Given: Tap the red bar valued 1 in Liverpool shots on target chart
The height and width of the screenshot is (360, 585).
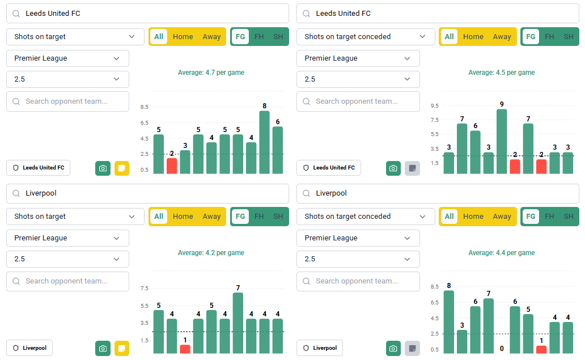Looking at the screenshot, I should [185, 349].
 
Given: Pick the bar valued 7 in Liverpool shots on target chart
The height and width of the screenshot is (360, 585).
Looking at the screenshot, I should [238, 323].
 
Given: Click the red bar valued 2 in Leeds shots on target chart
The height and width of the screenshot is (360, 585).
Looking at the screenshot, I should [172, 166].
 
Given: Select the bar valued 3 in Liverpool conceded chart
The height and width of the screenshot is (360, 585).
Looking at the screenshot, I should [462, 341].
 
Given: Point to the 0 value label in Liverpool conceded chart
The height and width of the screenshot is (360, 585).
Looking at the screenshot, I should [502, 349].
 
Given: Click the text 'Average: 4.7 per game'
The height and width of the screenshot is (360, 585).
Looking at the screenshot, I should [211, 73].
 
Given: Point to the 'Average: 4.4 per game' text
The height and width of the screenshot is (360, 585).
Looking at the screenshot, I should [501, 253].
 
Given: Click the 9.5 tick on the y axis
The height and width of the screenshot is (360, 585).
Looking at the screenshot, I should [435, 106].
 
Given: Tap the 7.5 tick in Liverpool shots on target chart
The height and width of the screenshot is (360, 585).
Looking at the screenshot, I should [144, 289].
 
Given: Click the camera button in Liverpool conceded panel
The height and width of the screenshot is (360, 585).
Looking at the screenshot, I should [393, 348].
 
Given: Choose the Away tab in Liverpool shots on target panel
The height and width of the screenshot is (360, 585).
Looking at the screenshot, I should [211, 216].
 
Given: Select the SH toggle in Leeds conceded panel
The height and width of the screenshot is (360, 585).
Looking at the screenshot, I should [568, 37].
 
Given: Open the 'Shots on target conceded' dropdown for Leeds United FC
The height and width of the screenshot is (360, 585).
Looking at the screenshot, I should [366, 37].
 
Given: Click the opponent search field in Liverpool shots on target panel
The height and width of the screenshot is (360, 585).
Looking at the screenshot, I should [67, 281].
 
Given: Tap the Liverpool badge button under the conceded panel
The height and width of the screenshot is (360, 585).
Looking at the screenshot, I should [320, 348].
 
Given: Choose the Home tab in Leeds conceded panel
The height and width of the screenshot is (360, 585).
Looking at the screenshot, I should [473, 37].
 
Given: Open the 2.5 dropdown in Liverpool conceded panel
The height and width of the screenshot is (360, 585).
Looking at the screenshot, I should [358, 259].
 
